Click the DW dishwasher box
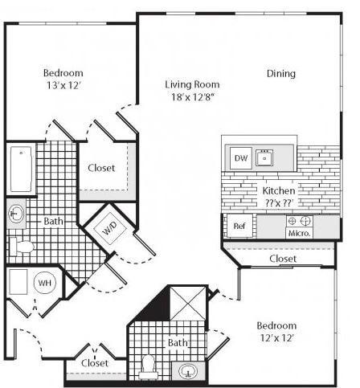[x=241, y=158]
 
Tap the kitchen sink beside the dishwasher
[x=264, y=157]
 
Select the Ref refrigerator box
[x=239, y=226]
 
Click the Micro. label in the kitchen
[x=300, y=233]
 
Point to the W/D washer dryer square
[x=110, y=228]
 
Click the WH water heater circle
[x=45, y=283]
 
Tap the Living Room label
[x=192, y=84]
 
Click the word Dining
[x=281, y=73]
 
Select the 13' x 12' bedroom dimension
[x=63, y=85]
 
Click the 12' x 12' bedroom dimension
[x=277, y=338]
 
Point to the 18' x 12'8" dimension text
[x=193, y=96]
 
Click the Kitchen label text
[x=279, y=190]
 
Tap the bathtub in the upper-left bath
[x=21, y=169]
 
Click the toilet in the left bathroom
[x=22, y=247]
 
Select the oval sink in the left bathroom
[x=16, y=214]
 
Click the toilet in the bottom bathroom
[x=148, y=366]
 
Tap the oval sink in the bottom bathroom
[x=189, y=371]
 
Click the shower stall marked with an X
[x=188, y=304]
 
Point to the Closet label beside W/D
[x=101, y=168]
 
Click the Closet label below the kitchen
[x=283, y=259]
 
